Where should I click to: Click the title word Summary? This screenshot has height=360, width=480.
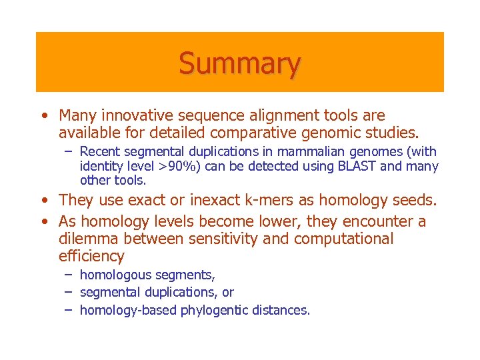(x=239, y=63)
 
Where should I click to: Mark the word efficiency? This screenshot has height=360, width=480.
(x=91, y=256)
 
